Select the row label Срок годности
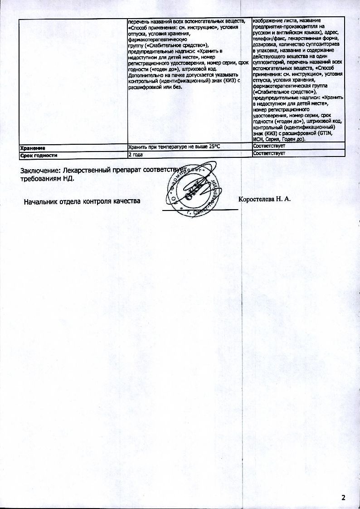click(39, 155)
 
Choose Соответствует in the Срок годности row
click(269, 154)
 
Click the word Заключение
click(40, 171)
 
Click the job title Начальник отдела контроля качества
click(82, 201)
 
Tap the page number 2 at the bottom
click(343, 498)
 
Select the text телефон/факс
click(268, 39)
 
